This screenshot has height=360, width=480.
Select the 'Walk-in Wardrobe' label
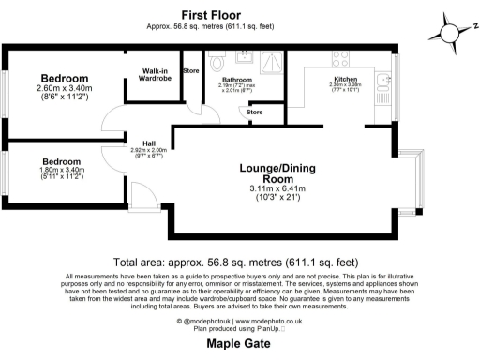pos(156,75)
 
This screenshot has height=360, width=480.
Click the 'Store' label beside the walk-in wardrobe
pos(190,71)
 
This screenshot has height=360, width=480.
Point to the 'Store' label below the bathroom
pos(254,112)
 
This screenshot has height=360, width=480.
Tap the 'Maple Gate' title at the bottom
pos(239,344)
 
